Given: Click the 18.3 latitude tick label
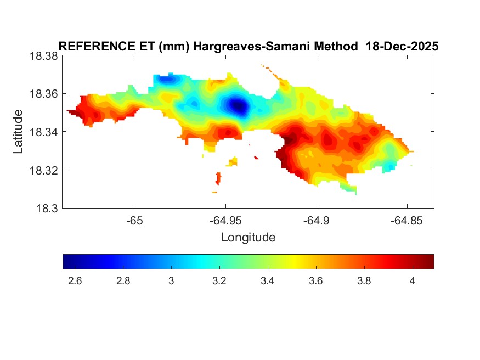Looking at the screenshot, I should (x=47, y=208).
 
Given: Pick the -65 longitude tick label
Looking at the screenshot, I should (x=134, y=221).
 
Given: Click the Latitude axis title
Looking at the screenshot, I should (x=19, y=132).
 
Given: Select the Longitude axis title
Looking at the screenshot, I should (x=248, y=238).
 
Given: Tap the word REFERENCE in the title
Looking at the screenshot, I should (x=92, y=47).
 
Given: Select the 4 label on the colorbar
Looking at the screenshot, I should (x=412, y=281).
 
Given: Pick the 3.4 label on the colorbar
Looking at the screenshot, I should (x=268, y=281).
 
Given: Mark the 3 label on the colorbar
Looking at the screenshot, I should (x=171, y=281).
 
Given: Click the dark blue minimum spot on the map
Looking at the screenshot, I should (x=238, y=104).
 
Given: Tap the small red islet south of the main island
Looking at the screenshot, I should (x=219, y=178).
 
